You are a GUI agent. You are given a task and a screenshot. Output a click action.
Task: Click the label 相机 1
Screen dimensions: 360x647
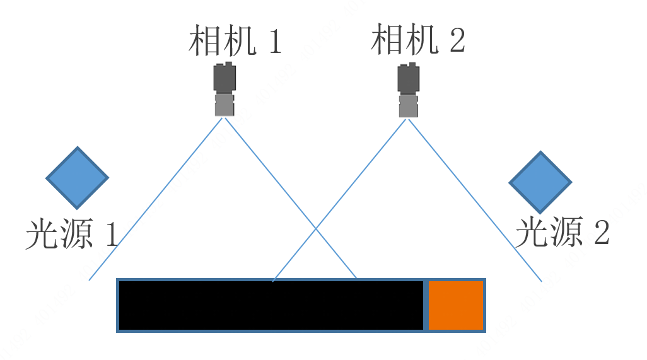click(x=235, y=42)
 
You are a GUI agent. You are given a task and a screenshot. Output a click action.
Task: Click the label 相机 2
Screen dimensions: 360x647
click(x=417, y=40)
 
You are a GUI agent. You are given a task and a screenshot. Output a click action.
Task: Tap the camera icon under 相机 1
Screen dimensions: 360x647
click(x=224, y=90)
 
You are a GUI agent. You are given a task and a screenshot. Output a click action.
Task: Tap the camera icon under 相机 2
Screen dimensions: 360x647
click(x=409, y=90)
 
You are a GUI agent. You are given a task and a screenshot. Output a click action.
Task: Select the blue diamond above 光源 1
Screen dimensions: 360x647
click(x=78, y=178)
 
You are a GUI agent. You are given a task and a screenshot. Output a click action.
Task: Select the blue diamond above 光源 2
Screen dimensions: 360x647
click(x=540, y=182)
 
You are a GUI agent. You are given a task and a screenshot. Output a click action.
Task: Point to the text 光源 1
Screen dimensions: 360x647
click(x=71, y=235)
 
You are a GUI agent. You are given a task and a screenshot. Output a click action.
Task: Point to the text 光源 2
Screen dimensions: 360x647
click(x=562, y=233)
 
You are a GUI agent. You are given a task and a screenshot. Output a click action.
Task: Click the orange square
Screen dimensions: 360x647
click(x=456, y=305)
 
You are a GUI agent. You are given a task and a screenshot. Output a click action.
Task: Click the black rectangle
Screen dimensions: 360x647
click(x=271, y=305)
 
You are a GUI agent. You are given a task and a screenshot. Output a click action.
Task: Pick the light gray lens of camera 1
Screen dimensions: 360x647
click(x=224, y=105)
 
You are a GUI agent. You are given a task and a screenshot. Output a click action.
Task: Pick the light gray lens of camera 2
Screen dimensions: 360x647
click(x=409, y=106)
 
